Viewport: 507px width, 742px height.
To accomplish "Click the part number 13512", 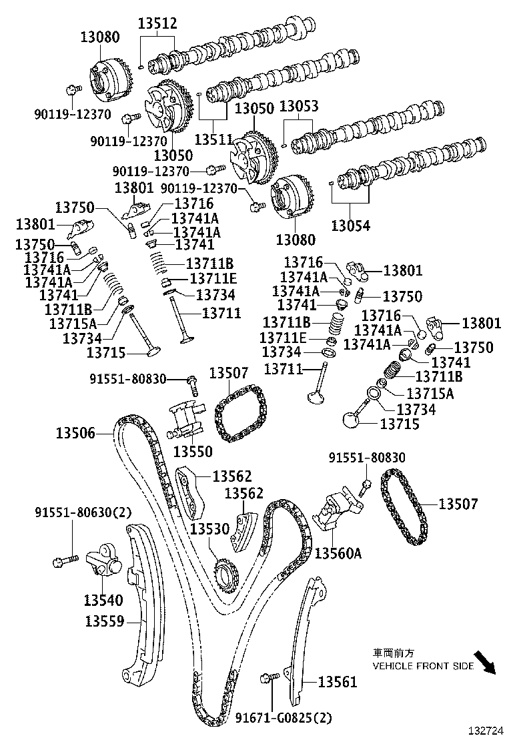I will coord(157,24).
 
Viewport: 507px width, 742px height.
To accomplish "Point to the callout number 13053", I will coord(298,107).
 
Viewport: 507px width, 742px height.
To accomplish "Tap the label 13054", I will coord(351,226).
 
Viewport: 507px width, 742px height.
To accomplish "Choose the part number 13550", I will coord(193,452).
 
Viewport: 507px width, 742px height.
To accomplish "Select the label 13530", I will coord(209,528).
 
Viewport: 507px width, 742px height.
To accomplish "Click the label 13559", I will coord(105,621).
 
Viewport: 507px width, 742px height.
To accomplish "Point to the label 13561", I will coord(338,682).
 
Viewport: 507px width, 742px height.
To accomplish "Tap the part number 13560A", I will coord(338,553).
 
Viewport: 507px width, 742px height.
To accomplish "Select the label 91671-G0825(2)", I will coord(284,718).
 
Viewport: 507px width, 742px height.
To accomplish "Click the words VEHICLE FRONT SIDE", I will coord(423,666).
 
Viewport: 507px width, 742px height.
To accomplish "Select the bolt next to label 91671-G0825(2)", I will coord(271,679).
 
